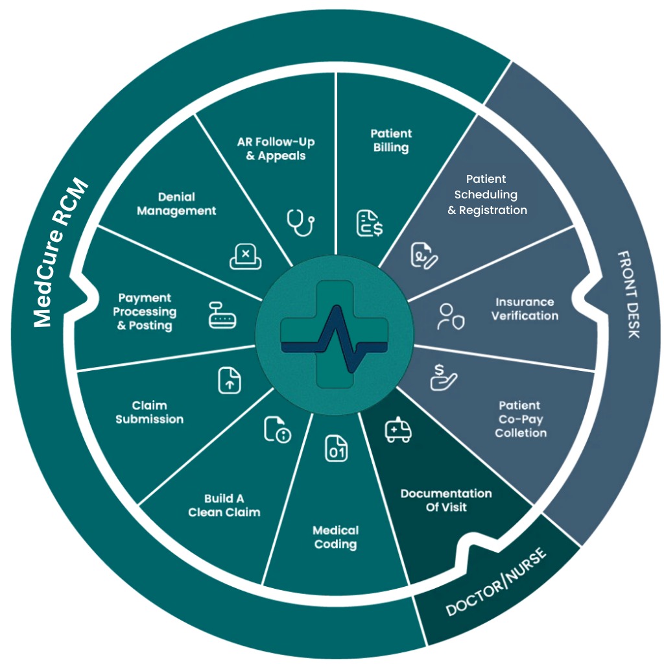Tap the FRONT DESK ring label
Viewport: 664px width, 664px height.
(x=628, y=294)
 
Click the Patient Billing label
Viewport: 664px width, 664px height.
(x=391, y=141)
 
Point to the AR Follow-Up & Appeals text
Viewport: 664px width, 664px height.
(x=276, y=148)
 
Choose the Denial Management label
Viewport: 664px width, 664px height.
(x=176, y=204)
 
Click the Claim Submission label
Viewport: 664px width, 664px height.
(x=150, y=412)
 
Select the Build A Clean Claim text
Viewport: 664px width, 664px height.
(x=224, y=505)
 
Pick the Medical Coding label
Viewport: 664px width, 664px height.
(x=335, y=537)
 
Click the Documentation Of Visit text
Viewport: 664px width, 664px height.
(x=446, y=500)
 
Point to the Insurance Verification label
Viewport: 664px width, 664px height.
(x=525, y=309)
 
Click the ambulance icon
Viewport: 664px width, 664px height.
(x=397, y=431)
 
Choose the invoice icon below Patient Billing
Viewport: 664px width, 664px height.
(x=369, y=222)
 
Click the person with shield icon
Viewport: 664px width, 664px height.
(x=450, y=316)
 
